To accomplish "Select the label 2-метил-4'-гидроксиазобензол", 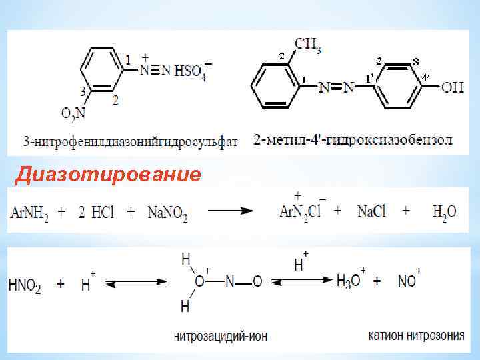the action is click(353, 141).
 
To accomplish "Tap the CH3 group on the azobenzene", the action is click(307, 45).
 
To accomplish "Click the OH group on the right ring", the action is click(452, 87).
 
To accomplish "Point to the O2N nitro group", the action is click(73, 115).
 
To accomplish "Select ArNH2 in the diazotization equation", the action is click(29, 212).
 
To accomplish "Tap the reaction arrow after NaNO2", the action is click(229, 211).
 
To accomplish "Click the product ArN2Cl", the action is click(303, 211).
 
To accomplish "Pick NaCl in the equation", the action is click(371, 211).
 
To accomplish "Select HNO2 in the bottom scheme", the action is click(25, 285).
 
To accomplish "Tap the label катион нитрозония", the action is click(416, 335).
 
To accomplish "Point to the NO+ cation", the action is click(407, 281).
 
